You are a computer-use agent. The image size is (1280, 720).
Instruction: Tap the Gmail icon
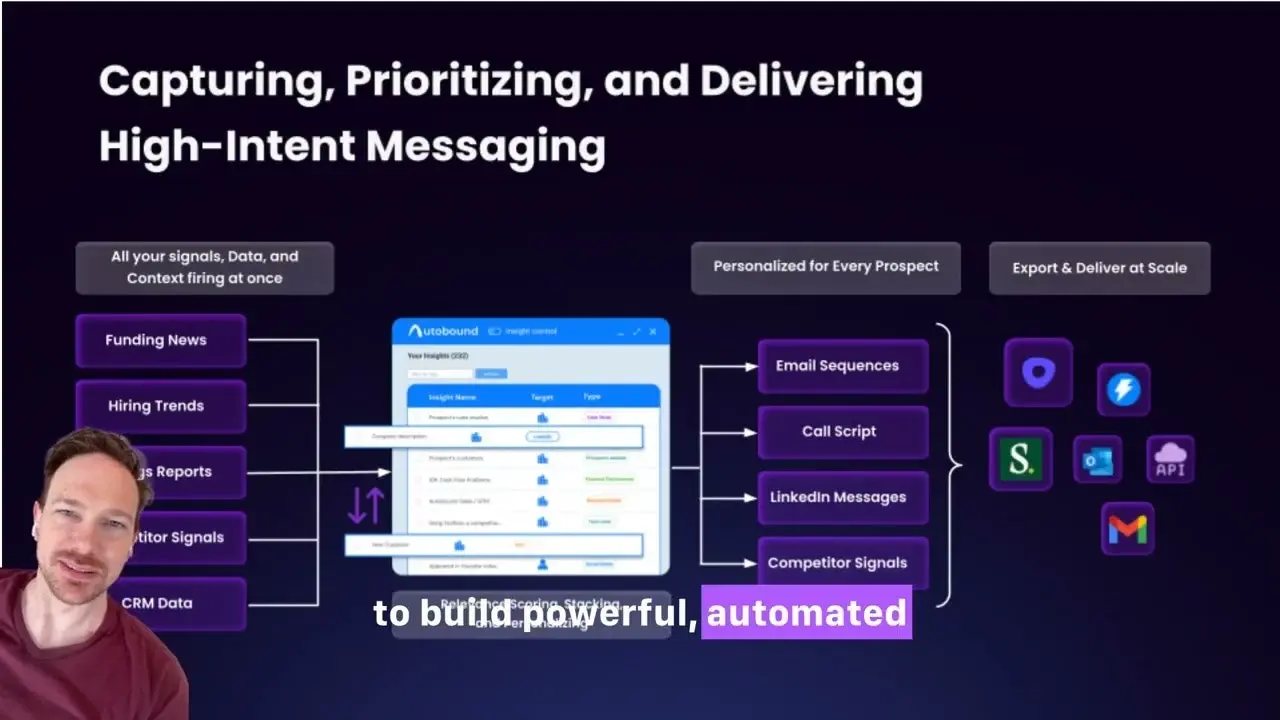tap(1127, 529)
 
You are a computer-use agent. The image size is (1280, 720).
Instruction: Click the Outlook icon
tap(1097, 460)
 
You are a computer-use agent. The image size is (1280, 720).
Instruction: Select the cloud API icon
tap(1170, 460)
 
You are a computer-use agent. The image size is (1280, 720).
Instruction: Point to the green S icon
tap(1020, 460)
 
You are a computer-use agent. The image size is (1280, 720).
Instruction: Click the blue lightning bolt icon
tap(1123, 390)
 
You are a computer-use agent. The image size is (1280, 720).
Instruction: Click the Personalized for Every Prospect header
tap(825, 267)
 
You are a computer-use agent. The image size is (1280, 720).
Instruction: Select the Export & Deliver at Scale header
tap(1099, 268)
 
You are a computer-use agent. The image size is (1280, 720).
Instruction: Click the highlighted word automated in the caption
tap(806, 612)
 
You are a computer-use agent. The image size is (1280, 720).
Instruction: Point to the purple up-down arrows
tap(365, 505)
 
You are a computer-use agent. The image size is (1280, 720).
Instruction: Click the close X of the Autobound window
tap(653, 331)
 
